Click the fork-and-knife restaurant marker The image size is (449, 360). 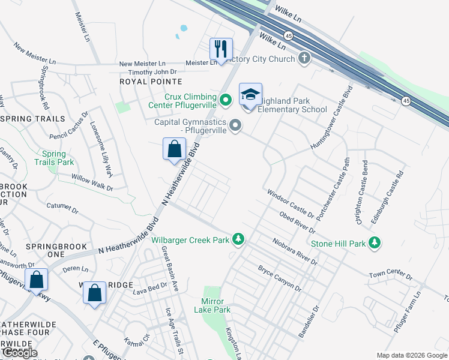pyautogui.click(x=220, y=49)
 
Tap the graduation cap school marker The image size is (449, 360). pyautogui.click(x=250, y=95)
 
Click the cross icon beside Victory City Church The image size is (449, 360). pyautogui.click(x=305, y=58)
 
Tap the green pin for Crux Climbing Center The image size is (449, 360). pyautogui.click(x=225, y=100)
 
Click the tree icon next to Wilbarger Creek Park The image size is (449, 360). pyautogui.click(x=239, y=240)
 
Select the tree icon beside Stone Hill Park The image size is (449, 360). pyautogui.click(x=375, y=243)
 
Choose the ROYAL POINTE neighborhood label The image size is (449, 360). pyautogui.click(x=150, y=81)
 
